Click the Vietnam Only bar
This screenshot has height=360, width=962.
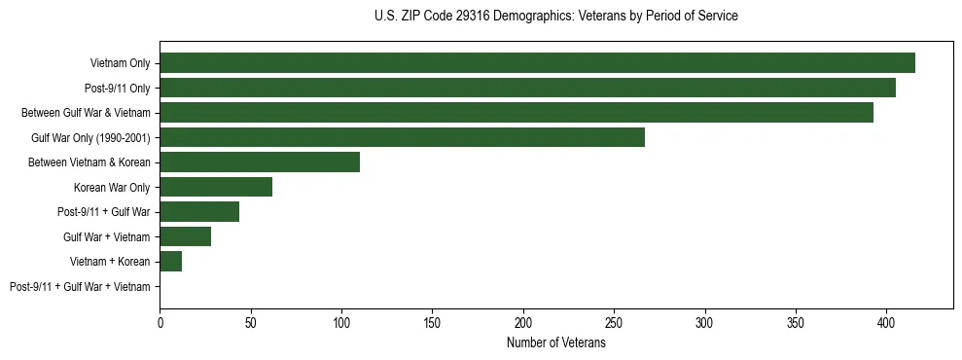(537, 63)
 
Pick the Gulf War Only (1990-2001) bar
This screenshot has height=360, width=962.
(402, 137)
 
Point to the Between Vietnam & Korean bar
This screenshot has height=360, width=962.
(260, 162)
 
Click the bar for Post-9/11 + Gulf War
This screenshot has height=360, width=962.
(199, 212)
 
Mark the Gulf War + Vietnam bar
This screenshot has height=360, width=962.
(186, 236)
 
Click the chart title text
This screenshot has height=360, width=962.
(555, 17)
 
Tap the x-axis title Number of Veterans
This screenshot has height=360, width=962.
(555, 343)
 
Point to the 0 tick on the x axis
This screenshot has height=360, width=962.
(160, 322)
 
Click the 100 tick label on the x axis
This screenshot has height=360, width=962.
(341, 322)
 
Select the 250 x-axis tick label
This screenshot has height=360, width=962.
(614, 322)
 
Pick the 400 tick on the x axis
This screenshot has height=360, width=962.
(886, 322)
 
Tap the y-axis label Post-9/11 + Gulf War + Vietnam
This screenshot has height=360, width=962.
(80, 287)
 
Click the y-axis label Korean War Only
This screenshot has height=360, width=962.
(112, 188)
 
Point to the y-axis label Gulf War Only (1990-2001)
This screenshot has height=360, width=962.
(90, 138)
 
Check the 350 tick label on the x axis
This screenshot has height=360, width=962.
(796, 322)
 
